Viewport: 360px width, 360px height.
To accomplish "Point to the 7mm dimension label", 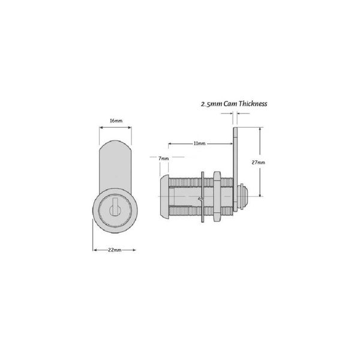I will [163, 158].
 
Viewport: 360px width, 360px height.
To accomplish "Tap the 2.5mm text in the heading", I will [211, 104].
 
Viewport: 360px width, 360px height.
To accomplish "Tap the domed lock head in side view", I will [164, 196].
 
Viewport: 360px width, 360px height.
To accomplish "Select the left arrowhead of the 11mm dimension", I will [169, 144].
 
